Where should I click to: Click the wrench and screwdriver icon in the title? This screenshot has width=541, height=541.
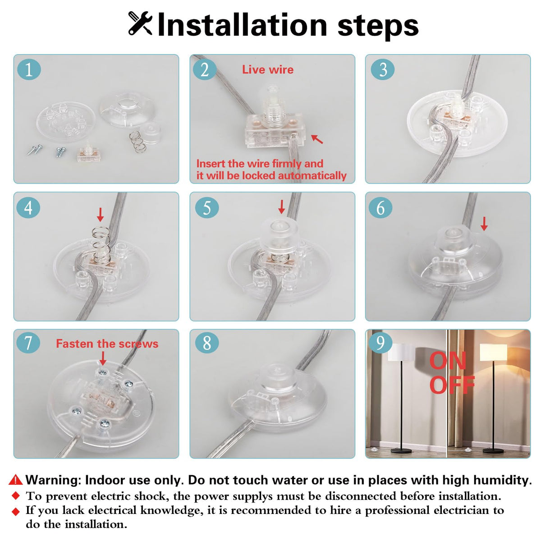tap(140, 23)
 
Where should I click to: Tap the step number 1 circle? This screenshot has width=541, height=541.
tap(29, 69)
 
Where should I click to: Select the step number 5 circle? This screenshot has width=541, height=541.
tap(207, 208)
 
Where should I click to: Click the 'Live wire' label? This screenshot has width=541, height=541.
tap(268, 69)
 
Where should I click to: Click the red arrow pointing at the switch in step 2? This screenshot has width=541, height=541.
tap(317, 139)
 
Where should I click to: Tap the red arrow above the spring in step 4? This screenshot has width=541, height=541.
tap(100, 215)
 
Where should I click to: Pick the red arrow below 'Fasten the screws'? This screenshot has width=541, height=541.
tap(103, 358)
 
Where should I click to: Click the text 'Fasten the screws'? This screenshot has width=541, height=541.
tap(107, 344)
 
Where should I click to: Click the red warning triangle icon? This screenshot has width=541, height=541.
tap(15, 480)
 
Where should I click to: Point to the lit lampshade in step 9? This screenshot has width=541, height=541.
tap(493, 353)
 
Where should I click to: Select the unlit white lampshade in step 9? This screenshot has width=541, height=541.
tap(401, 353)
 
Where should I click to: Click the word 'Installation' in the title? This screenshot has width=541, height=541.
tap(242, 25)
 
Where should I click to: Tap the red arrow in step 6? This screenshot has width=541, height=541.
tap(484, 224)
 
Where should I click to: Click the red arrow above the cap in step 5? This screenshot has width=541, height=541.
tap(281, 207)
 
